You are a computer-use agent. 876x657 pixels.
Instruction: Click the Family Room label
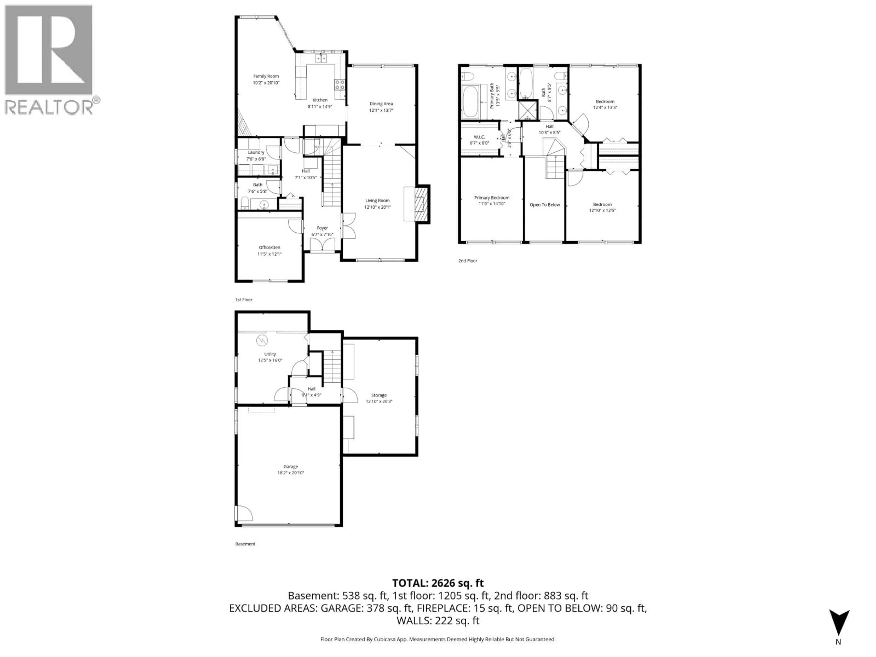pyautogui.click(x=266, y=76)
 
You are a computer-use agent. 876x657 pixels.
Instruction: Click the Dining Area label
pyautogui.click(x=381, y=104)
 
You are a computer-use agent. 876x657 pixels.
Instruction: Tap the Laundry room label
pyautogui.click(x=256, y=152)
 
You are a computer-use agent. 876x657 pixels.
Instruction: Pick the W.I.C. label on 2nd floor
pyautogui.click(x=479, y=137)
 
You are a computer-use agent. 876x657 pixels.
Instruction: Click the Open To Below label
pyautogui.click(x=545, y=205)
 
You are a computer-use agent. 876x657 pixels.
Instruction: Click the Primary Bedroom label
pyautogui.click(x=491, y=198)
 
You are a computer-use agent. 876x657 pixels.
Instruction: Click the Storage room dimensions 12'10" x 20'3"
pyautogui.click(x=379, y=401)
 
